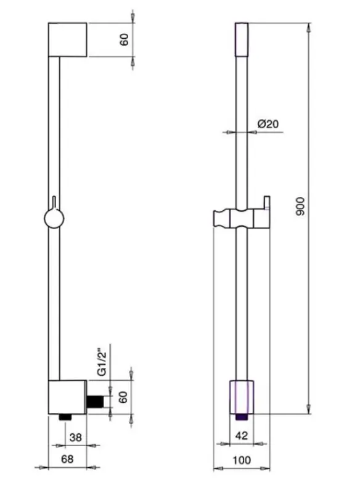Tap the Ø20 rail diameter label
click(267, 123)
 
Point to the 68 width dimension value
click(68, 458)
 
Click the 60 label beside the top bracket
click(124, 40)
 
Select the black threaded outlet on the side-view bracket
click(95, 401)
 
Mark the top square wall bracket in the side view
click(68, 40)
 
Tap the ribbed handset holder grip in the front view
click(223, 218)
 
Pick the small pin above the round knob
click(55, 202)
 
